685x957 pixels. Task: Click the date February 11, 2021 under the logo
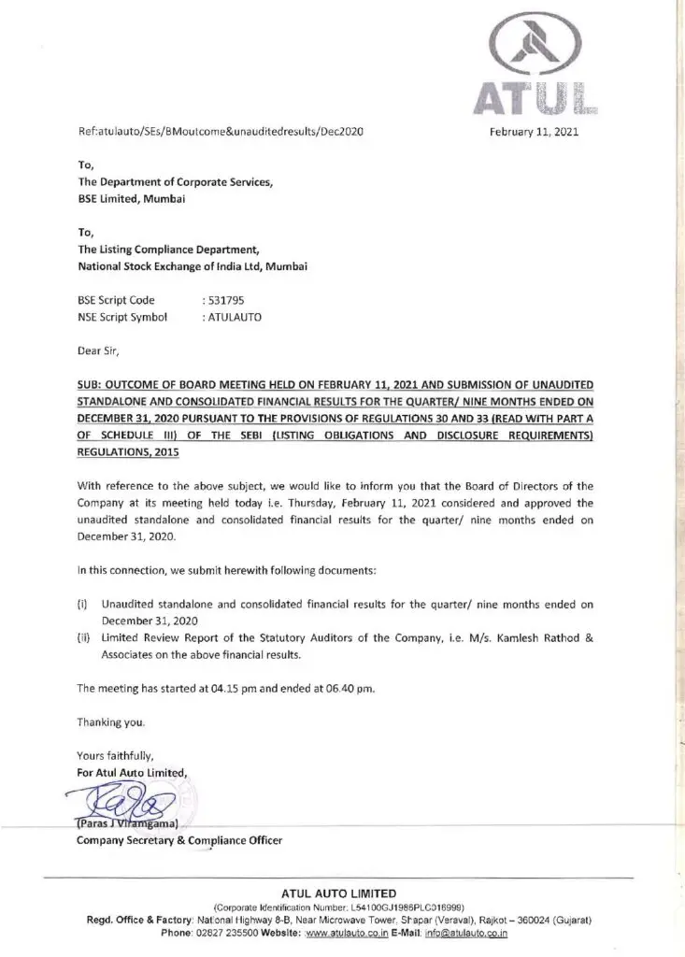pyautogui.click(x=535, y=132)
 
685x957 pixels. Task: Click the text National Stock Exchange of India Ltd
pyautogui.click(x=178, y=266)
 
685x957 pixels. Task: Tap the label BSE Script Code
pyautogui.click(x=116, y=300)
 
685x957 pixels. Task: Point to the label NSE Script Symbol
pyautogui.click(x=121, y=317)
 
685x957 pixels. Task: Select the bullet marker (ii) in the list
pyautogui.click(x=83, y=637)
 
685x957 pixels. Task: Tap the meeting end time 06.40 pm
pyautogui.click(x=346, y=688)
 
